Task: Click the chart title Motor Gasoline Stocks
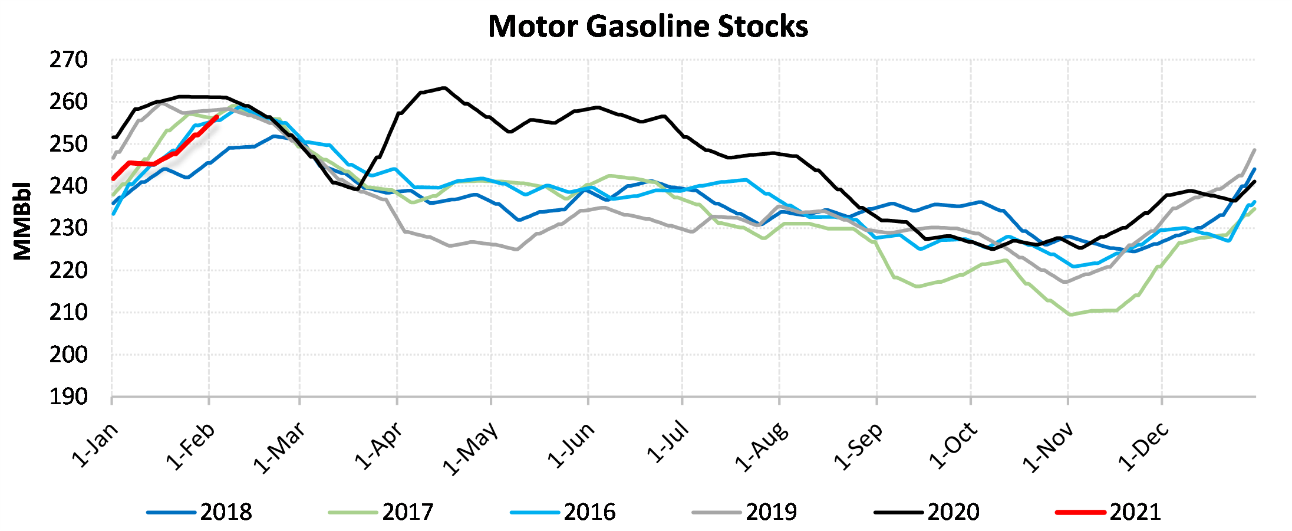[648, 27]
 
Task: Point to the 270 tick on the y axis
[68, 60]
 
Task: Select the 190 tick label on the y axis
[68, 397]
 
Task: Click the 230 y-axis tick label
[68, 228]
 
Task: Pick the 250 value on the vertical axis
[68, 145]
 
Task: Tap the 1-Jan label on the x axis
[95, 445]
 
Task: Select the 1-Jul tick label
[668, 442]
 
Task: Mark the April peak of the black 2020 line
[444, 88]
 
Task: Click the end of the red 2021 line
[217, 117]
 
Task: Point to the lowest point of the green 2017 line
[1070, 314]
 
